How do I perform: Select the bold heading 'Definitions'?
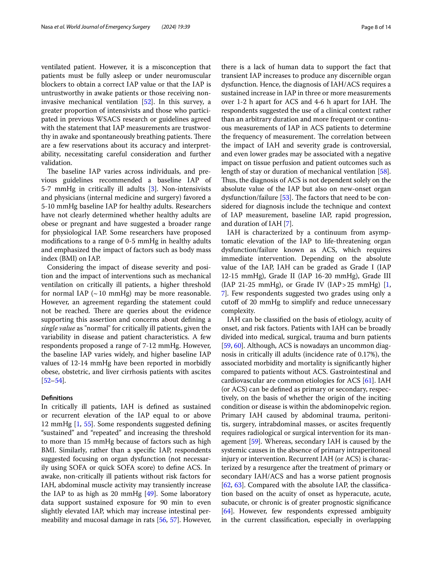pos(57,398)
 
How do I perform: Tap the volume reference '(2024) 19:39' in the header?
pos(176,27)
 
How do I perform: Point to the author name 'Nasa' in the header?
pos(47,27)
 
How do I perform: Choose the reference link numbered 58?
pos(383,172)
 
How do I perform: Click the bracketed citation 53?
pos(285,198)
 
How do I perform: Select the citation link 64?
pos(227,511)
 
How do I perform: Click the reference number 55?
pos(88,424)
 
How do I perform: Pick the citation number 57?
pos(173,520)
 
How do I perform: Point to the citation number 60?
pos(238,346)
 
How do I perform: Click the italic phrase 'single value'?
pos(58,328)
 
